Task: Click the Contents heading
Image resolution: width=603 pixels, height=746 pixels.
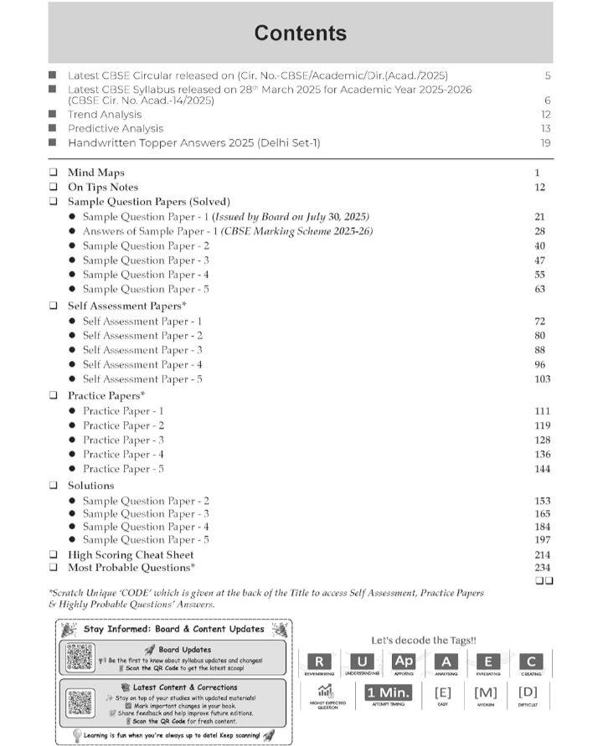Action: point(300,33)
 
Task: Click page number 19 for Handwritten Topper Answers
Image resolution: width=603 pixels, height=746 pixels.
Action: point(545,143)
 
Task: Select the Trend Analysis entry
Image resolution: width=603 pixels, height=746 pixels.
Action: point(105,115)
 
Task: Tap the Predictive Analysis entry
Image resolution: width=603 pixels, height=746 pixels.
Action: point(116,129)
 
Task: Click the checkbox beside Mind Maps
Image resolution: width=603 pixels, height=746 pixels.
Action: point(54,173)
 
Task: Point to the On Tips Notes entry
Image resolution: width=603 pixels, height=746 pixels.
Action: point(102,188)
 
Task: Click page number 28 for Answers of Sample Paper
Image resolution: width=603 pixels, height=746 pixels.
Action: point(539,231)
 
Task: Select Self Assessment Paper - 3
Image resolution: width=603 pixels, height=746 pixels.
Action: point(142,350)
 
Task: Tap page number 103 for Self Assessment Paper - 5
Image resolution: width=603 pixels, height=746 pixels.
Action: point(542,379)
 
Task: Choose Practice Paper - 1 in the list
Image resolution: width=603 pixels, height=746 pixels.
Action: point(123,411)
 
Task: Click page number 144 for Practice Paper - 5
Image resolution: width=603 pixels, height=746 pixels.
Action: point(542,469)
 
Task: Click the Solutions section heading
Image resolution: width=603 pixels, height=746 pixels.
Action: point(90,486)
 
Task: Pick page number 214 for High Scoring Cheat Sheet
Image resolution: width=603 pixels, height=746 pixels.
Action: point(542,555)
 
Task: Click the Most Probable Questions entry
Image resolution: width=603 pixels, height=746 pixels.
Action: point(131,569)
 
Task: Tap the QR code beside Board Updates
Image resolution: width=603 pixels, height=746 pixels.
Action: point(80,657)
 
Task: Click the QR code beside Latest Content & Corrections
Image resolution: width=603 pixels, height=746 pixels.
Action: point(80,703)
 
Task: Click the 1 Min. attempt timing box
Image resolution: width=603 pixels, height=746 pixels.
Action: point(388,693)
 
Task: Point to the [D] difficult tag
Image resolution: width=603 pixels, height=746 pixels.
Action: point(528,693)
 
